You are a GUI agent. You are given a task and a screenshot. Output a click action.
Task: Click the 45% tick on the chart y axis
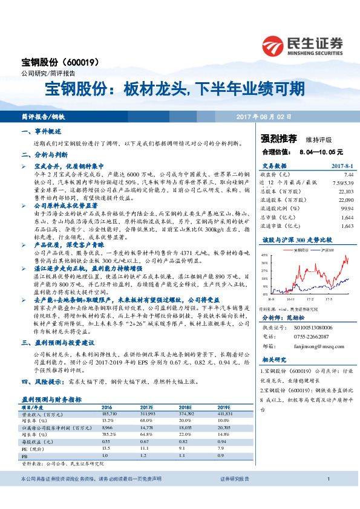[x=264, y=256]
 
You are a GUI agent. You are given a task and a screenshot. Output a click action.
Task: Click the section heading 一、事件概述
[x=42, y=131]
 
